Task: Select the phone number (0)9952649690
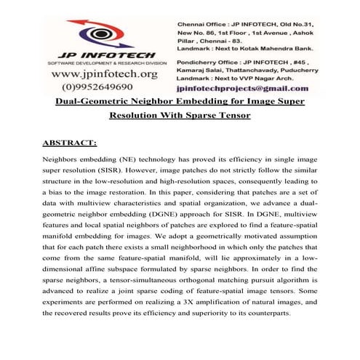pyautogui.click(x=103, y=87)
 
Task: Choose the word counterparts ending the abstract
pyautogui.click(x=288, y=313)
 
